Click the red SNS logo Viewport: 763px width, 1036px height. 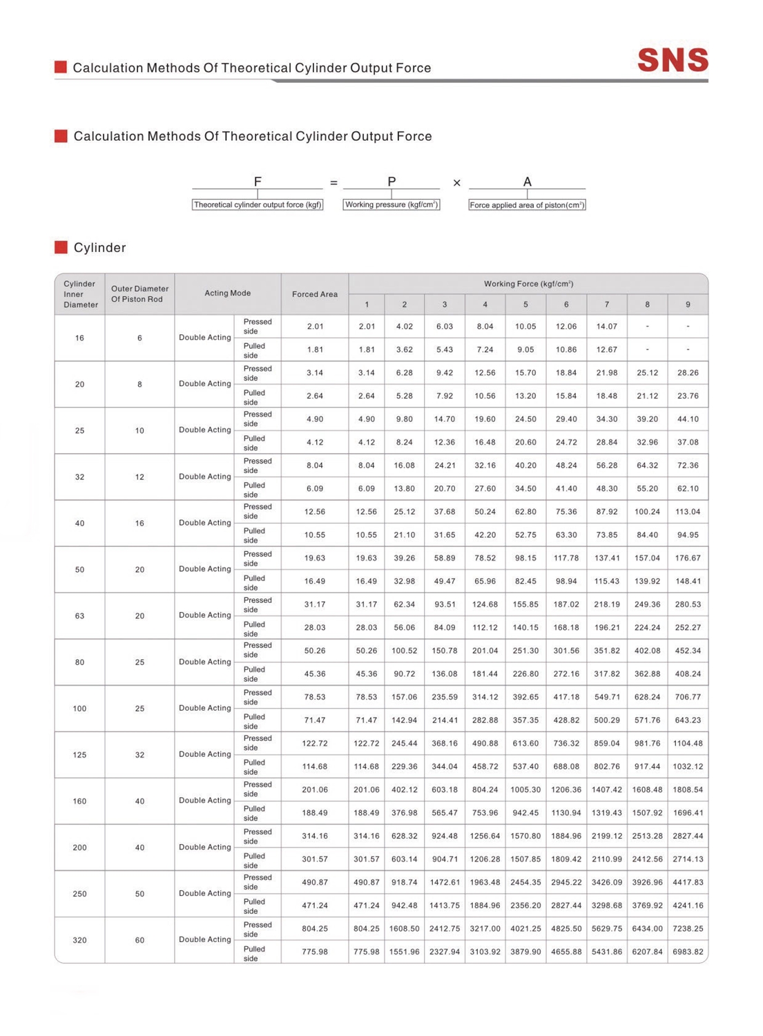click(x=673, y=60)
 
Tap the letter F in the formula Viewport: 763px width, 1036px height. click(x=258, y=182)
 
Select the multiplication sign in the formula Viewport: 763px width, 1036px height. click(x=456, y=183)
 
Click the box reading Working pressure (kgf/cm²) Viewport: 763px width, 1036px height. click(x=391, y=204)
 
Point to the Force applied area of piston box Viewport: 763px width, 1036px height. click(x=527, y=205)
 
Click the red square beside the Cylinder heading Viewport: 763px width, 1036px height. click(x=61, y=247)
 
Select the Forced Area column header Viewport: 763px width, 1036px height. click(x=315, y=294)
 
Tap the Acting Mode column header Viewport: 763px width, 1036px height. click(x=227, y=294)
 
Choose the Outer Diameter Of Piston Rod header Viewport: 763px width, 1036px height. click(x=139, y=294)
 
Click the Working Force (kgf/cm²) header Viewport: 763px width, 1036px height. click(x=528, y=284)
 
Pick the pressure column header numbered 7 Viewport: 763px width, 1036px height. click(x=607, y=305)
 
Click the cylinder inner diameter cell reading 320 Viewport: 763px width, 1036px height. click(x=79, y=940)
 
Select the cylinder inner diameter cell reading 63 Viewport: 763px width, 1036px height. click(x=79, y=615)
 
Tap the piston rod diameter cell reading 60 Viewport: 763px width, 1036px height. click(x=139, y=940)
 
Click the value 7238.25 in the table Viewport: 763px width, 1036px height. click(x=688, y=928)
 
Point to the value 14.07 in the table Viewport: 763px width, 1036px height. click(x=607, y=326)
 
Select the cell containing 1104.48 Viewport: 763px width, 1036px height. click(x=688, y=743)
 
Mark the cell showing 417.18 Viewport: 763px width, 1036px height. click(x=566, y=697)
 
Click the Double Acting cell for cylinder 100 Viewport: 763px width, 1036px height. click(x=204, y=708)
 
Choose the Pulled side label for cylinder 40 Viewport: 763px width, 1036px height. click(x=254, y=535)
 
